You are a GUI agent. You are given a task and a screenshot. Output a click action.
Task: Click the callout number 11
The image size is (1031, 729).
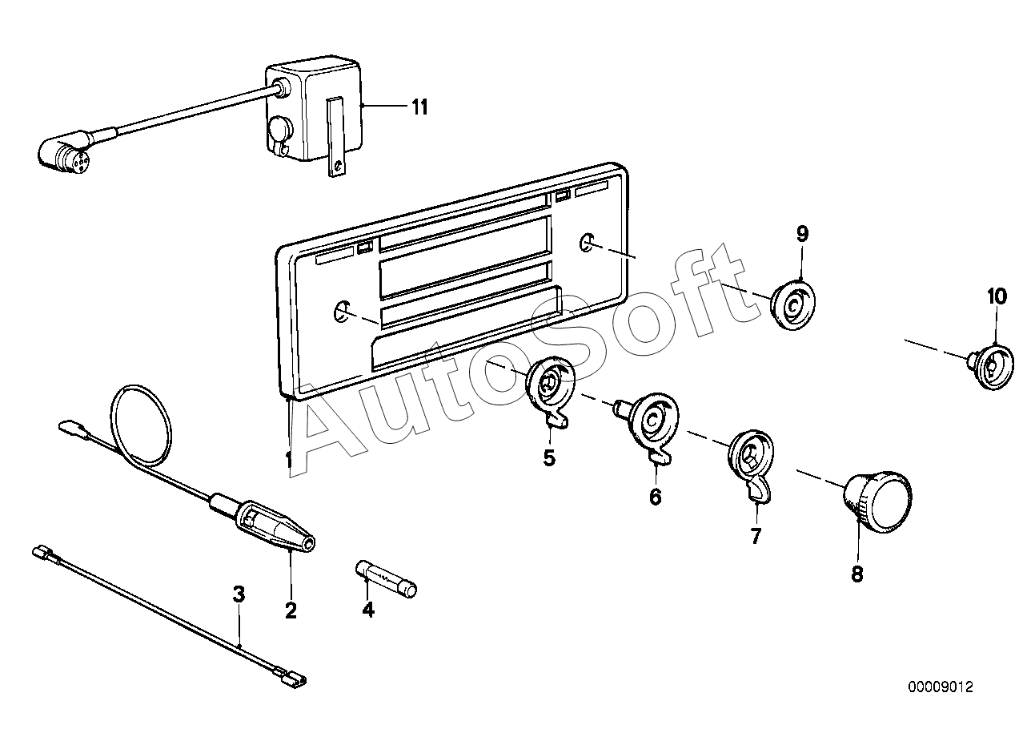[x=420, y=107]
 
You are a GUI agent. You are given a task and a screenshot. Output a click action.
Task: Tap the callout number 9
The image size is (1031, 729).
[x=802, y=234]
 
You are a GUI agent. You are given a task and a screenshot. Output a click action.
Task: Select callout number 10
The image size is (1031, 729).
[x=996, y=296]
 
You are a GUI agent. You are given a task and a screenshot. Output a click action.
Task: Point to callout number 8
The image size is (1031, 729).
[x=857, y=574]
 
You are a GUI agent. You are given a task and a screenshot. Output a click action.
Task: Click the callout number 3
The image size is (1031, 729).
[x=239, y=594]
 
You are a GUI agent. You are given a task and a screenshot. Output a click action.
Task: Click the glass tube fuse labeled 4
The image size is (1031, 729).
[x=386, y=579]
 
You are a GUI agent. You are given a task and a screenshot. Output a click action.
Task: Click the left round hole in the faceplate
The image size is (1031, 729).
[x=342, y=312]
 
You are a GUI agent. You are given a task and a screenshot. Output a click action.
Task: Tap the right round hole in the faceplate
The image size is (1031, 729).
[x=587, y=242]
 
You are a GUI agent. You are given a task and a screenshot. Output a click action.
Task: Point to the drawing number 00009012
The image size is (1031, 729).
[x=941, y=687]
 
